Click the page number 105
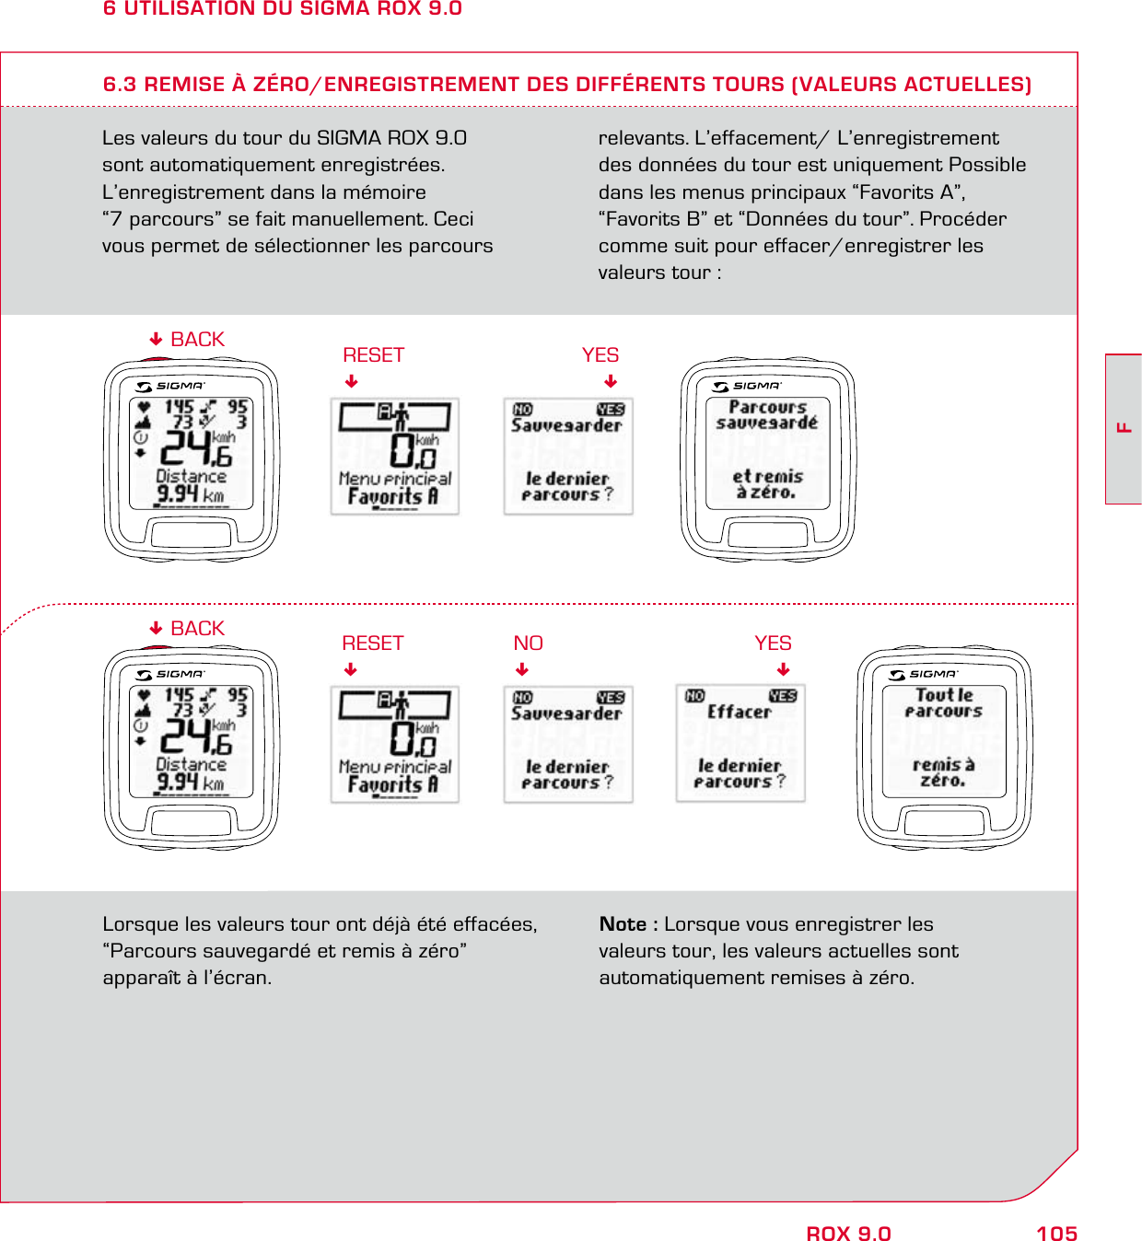pos(1056,1234)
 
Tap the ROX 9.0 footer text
pos(848,1234)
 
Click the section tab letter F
pos(1124,428)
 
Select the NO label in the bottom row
pos(528,644)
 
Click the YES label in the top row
pos(600,355)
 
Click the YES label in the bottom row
pos(773,644)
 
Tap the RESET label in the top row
pos(373,355)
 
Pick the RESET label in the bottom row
pos(372,644)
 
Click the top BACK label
pos(197,340)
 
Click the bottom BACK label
pos(197,629)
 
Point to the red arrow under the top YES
pos(611,381)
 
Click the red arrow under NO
pos(522,669)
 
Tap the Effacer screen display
pos(740,743)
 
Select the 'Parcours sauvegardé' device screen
pos(767,453)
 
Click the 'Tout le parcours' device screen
pos(943,742)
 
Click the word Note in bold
pos(623,924)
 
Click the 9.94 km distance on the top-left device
pos(190,494)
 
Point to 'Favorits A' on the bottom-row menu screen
pos(393,784)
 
